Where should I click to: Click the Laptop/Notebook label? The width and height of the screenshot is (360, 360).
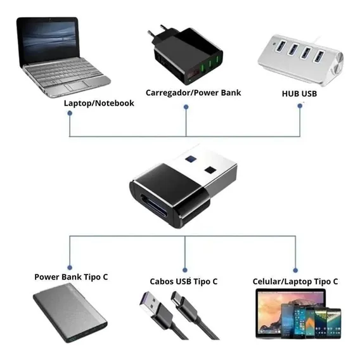tap(99, 103)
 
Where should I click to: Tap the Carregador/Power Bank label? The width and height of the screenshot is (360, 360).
tap(193, 93)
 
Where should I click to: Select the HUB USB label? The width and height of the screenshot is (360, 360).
tap(299, 94)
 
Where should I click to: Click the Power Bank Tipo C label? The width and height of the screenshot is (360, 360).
tap(71, 277)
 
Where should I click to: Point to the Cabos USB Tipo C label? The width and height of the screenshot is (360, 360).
tap(184, 281)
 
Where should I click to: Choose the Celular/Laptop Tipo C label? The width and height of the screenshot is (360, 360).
tap(295, 281)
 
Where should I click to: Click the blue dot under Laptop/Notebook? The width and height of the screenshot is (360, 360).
tap(70, 113)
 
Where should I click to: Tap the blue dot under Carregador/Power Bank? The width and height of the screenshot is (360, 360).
tap(186, 106)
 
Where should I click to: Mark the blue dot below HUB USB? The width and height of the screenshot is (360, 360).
tap(300, 106)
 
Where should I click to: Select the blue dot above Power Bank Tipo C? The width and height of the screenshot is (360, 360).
tap(70, 267)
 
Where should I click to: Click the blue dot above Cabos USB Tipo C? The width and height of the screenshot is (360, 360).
tap(185, 270)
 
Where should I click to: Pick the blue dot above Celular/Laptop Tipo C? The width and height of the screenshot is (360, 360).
tap(295, 270)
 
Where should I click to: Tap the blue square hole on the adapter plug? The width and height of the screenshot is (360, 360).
tap(190, 158)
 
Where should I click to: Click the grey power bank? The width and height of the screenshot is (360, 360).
tap(70, 313)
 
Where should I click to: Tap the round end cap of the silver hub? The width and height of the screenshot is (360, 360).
tap(337, 63)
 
